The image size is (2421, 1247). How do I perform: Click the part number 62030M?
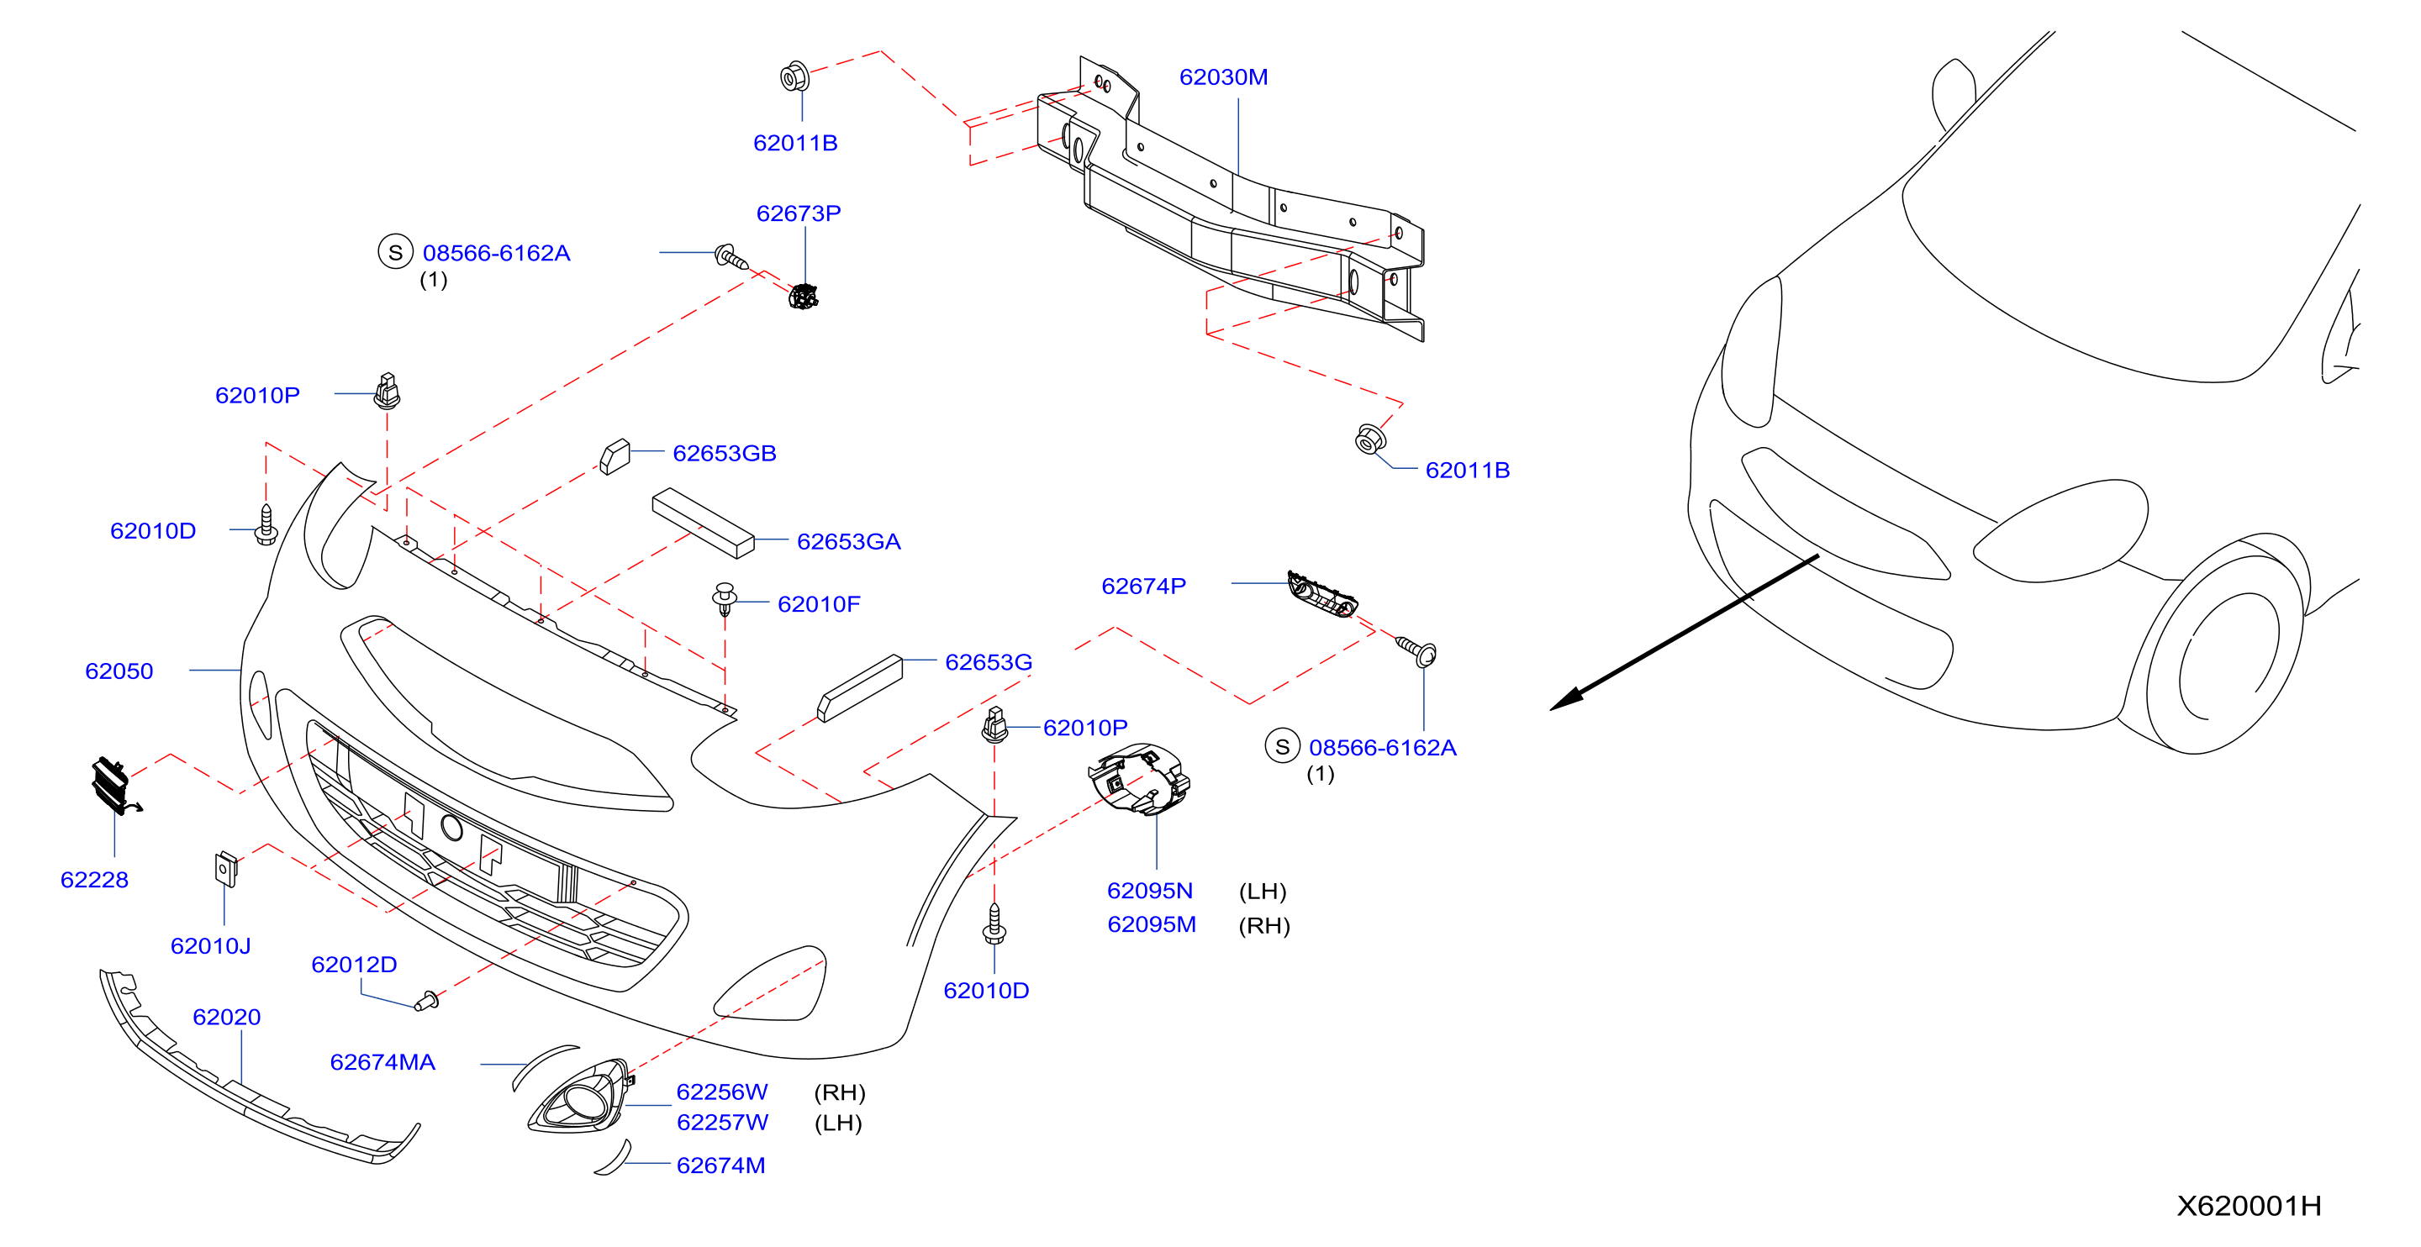(1223, 77)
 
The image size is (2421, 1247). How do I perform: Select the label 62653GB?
(725, 453)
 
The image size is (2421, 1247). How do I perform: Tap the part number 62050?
(119, 671)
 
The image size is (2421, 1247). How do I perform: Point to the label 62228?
(94, 880)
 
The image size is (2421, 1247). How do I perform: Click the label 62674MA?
(382, 1062)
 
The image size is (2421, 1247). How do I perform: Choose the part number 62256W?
(722, 1092)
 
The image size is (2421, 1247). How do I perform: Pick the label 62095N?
(1149, 891)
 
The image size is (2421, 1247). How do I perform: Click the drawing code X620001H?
(2249, 1206)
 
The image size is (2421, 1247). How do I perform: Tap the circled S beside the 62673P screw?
(396, 252)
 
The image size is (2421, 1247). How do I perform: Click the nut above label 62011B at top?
(795, 76)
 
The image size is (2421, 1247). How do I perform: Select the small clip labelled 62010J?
(225, 869)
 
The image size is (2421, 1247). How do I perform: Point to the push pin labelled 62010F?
(724, 597)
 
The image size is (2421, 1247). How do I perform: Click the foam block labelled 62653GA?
(703, 523)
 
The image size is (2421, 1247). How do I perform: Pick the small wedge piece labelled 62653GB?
(614, 455)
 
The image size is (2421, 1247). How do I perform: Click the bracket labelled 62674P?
(1321, 595)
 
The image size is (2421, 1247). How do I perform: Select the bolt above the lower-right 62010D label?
(994, 923)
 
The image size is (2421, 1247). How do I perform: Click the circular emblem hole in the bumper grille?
(452, 828)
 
